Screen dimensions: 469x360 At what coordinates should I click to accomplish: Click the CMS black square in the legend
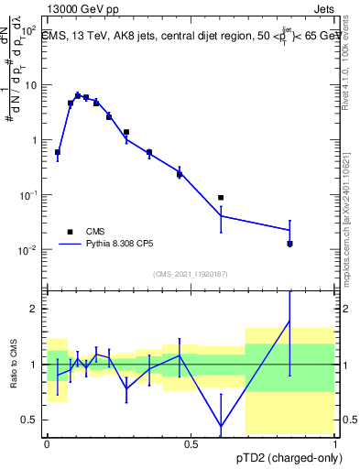[70, 232]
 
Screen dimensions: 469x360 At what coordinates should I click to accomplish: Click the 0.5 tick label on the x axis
[191, 444]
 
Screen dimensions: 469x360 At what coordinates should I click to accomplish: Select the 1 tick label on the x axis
[334, 444]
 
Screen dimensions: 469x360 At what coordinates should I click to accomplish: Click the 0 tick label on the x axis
[47, 444]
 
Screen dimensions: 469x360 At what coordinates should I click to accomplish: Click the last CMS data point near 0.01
[289, 244]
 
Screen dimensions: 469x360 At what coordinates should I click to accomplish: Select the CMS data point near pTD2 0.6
[221, 198]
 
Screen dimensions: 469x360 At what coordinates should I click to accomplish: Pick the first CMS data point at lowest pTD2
[58, 152]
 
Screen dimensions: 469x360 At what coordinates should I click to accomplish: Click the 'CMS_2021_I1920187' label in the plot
[190, 274]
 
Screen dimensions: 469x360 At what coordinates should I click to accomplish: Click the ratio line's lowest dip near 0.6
[221, 426]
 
